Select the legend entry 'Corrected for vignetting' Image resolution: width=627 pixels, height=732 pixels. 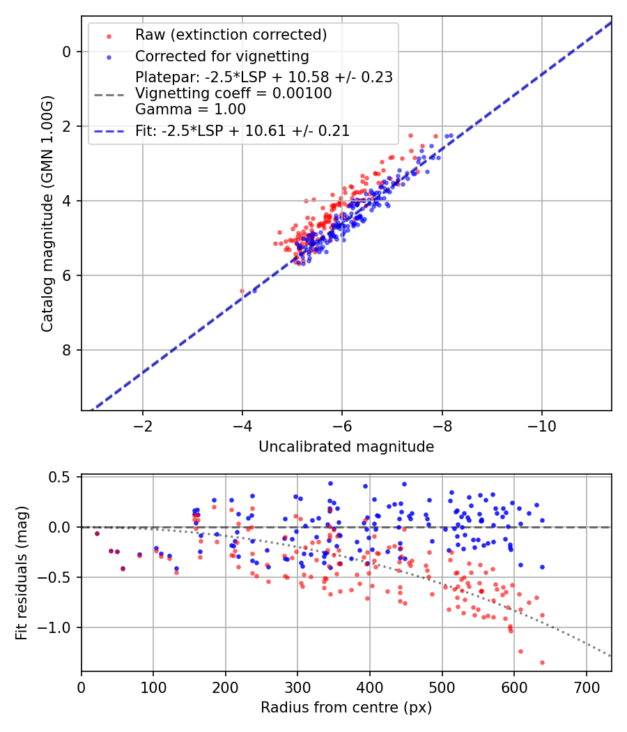222,56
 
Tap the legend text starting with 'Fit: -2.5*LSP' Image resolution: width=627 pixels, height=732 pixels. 242,130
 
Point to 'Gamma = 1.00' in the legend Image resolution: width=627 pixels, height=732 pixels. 190,109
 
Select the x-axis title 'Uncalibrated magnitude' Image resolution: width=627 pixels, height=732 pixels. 346,447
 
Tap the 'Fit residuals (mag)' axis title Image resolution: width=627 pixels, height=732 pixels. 22,573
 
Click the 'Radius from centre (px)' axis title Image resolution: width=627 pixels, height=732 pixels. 346,708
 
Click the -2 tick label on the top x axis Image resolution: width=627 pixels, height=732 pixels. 143,425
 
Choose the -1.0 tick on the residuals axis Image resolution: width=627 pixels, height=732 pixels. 57,627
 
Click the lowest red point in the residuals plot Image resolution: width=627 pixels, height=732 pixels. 542,662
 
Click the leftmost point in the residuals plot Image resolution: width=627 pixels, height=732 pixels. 97,533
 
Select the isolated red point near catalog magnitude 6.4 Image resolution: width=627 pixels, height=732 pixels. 242,291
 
